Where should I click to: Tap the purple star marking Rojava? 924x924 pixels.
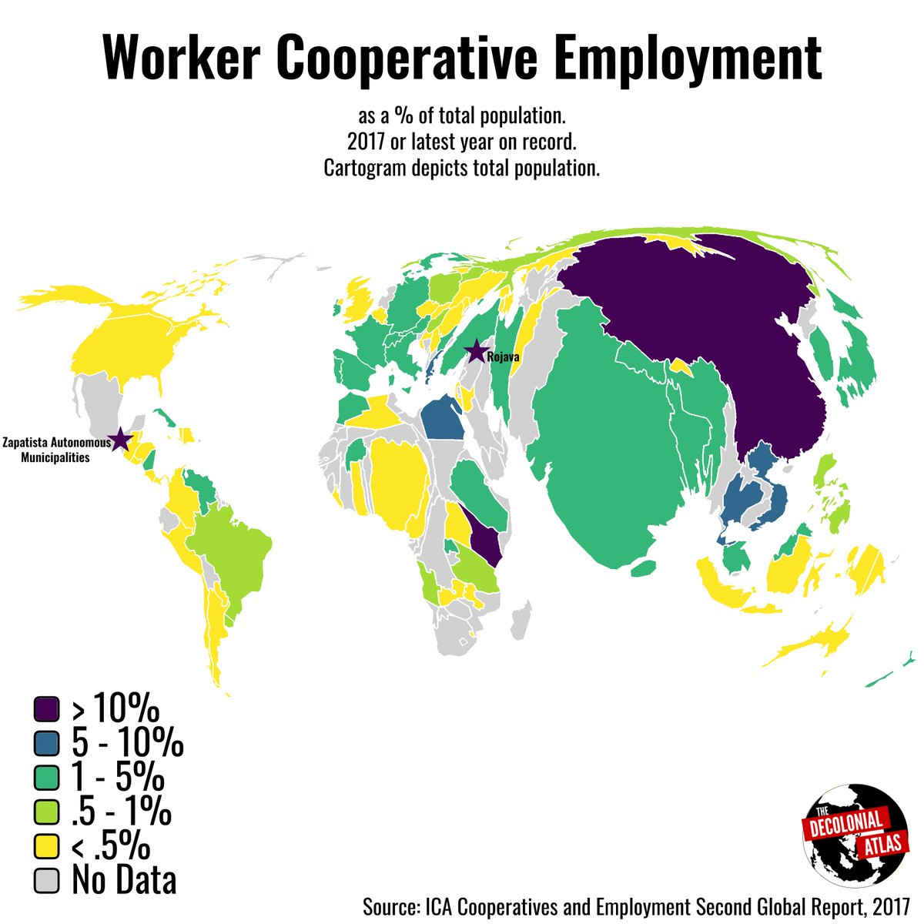pyautogui.click(x=477, y=352)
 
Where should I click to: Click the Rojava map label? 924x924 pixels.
pyautogui.click(x=504, y=357)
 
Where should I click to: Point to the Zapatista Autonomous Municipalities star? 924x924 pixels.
pyautogui.click(x=120, y=440)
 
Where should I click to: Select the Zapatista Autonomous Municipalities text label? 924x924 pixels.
pyautogui.click(x=55, y=450)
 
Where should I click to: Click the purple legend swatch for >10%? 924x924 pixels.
pyautogui.click(x=47, y=707)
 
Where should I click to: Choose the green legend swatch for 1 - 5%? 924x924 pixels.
pyautogui.click(x=47, y=778)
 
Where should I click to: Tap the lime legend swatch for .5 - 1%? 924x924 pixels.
pyautogui.click(x=47, y=812)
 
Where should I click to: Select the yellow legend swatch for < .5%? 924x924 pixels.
pyautogui.click(x=47, y=846)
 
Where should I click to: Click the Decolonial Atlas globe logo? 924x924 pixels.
pyautogui.click(x=852, y=836)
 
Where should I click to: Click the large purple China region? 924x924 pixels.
pyautogui.click(x=693, y=323)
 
